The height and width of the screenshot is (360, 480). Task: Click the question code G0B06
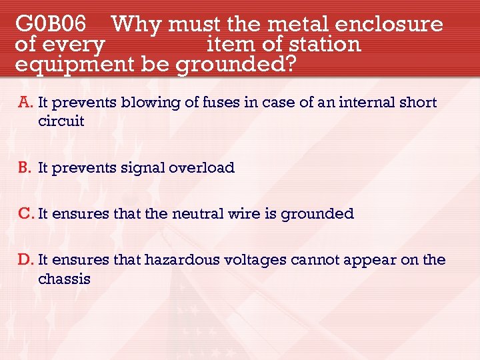tap(51, 25)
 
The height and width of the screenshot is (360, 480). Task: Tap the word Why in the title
tap(137, 25)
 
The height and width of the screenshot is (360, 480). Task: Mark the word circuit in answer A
tap(61, 121)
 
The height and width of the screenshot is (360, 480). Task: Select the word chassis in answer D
tap(65, 279)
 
